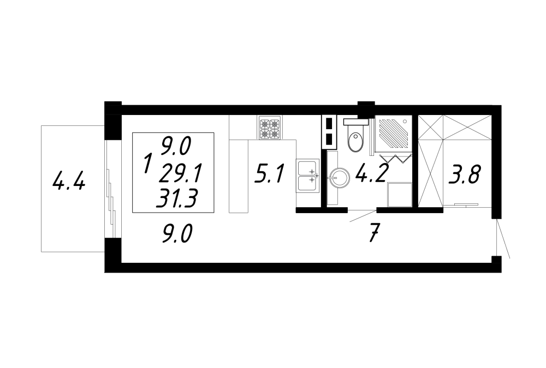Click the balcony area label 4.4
(69, 182)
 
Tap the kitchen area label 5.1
(270, 174)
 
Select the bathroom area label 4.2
(371, 172)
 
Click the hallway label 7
(375, 233)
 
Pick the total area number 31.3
(176, 199)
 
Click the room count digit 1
(148, 164)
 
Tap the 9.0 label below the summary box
(177, 234)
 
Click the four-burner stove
(270, 128)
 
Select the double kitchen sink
(308, 176)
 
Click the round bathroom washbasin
(339, 178)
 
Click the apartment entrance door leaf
(503, 238)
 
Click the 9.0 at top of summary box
(176, 146)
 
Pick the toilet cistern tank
(355, 122)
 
